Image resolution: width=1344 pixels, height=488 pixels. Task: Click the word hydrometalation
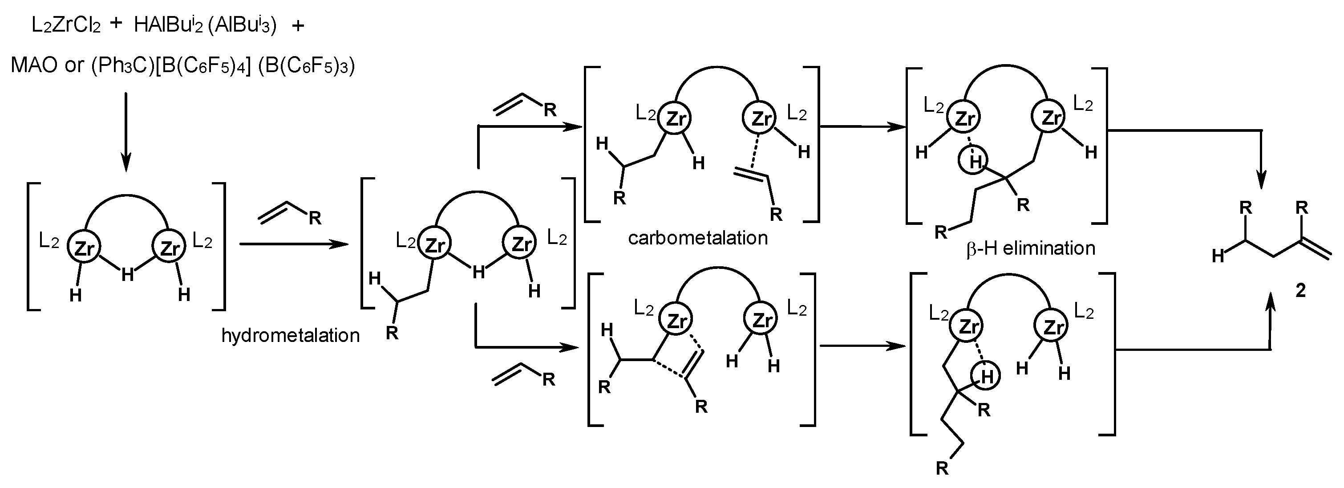[290, 335]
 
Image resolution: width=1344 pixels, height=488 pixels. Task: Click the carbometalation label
[697, 238]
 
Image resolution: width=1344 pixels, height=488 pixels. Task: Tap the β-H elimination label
[1030, 248]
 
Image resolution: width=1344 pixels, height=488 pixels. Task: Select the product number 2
[1301, 290]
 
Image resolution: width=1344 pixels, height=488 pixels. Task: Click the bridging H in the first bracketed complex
[127, 274]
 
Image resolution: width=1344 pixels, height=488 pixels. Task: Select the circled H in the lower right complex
[985, 376]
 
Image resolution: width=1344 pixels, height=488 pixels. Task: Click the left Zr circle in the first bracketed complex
[84, 248]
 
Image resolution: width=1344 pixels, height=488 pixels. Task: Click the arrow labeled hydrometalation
[292, 244]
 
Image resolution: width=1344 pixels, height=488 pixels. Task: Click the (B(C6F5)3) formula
[306, 65]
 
